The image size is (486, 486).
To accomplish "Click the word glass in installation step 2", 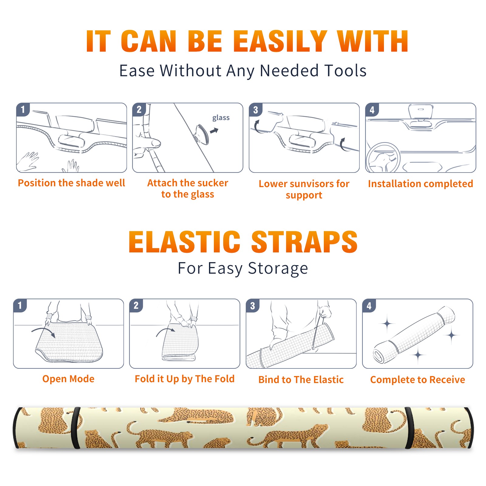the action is coord(221,118).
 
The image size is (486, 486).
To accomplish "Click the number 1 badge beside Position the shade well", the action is coord(23,109).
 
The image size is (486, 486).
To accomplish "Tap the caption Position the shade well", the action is coord(71,183).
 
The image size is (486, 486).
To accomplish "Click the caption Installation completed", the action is coord(420,184).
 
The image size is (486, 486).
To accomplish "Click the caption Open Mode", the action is coord(68,379).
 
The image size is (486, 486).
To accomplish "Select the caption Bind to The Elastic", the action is coord(301,380).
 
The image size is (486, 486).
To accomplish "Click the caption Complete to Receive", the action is coord(418,380).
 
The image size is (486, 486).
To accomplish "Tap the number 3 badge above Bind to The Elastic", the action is coord(252,306).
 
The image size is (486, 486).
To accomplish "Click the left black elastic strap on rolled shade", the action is coord(76,428).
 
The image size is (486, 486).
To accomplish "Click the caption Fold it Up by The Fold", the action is coord(185,379).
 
